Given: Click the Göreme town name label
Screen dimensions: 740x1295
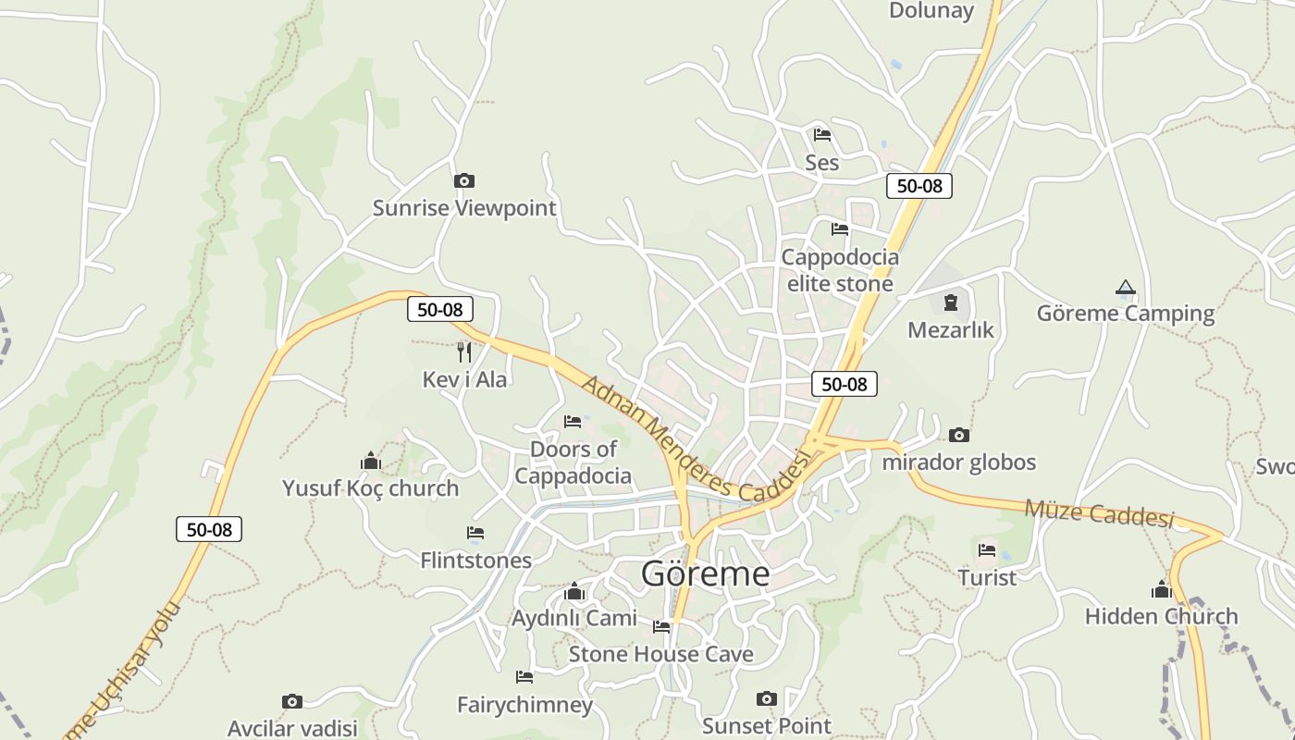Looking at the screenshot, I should pyautogui.click(x=705, y=573).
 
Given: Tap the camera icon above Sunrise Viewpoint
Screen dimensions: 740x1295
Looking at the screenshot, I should pyautogui.click(x=464, y=180).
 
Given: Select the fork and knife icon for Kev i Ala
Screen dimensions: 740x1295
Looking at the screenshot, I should pyautogui.click(x=464, y=351).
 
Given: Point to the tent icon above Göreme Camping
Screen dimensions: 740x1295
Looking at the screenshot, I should pyautogui.click(x=1125, y=288).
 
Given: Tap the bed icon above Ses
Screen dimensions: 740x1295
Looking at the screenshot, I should pyautogui.click(x=821, y=135).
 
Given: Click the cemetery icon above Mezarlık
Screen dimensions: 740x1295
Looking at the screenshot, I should pyautogui.click(x=950, y=302).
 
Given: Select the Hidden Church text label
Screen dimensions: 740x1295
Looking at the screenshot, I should pyautogui.click(x=1161, y=616).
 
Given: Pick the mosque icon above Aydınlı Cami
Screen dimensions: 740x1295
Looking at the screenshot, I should pyautogui.click(x=574, y=591).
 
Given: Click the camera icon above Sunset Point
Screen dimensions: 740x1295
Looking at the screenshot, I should pyautogui.click(x=766, y=698).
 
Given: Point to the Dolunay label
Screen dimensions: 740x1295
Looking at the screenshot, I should pyautogui.click(x=931, y=11).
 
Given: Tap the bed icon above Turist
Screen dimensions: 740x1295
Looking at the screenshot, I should pyautogui.click(x=987, y=551).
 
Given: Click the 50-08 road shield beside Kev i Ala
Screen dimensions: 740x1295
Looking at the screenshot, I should pyautogui.click(x=439, y=309).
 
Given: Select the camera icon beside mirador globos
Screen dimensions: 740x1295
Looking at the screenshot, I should pyautogui.click(x=959, y=435).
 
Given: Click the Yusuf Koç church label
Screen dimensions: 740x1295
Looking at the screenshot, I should pyautogui.click(x=370, y=488).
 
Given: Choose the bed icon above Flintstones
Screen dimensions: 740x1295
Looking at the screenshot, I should pyautogui.click(x=475, y=533).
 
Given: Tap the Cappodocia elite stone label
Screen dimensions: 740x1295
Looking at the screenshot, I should pyautogui.click(x=840, y=270).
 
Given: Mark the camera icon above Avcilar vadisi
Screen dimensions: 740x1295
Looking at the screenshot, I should pyautogui.click(x=292, y=701).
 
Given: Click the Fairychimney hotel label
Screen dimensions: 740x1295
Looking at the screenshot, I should pyautogui.click(x=524, y=705).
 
